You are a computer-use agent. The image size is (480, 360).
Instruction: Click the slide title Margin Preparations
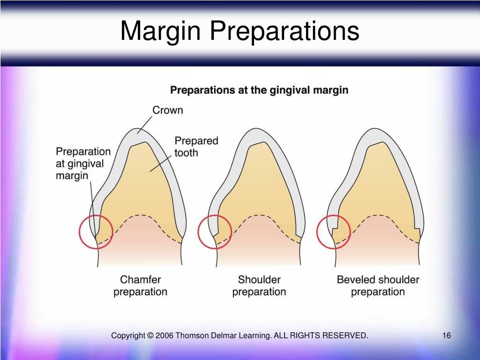coord(240,31)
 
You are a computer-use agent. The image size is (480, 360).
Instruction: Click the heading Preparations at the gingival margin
coord(259,90)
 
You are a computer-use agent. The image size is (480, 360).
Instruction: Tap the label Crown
coord(167,111)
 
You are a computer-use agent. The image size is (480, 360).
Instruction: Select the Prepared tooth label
coord(196,146)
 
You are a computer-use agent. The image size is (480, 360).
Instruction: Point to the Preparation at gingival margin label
coord(83,164)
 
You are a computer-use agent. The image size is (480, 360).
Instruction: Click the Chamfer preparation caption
coord(140,285)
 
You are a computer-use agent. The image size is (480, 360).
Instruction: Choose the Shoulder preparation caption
coord(259,285)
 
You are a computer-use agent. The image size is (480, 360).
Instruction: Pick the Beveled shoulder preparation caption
coord(378,285)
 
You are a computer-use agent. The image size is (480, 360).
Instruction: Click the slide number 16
coord(446,336)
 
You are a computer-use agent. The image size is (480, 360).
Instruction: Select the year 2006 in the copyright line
coord(165,336)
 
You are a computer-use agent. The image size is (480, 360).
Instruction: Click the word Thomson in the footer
coord(192,336)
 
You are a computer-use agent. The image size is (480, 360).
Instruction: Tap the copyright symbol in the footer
coord(150,336)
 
